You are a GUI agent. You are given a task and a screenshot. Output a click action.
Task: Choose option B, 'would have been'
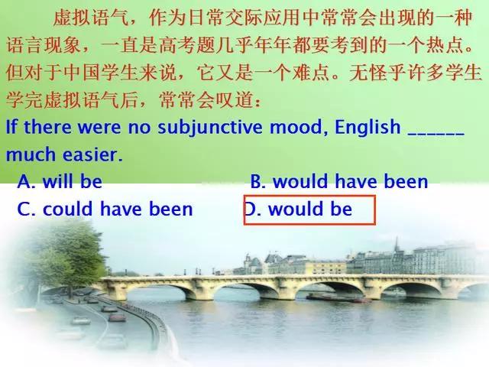(339, 182)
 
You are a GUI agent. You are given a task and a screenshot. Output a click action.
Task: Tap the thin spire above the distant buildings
(397, 244)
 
